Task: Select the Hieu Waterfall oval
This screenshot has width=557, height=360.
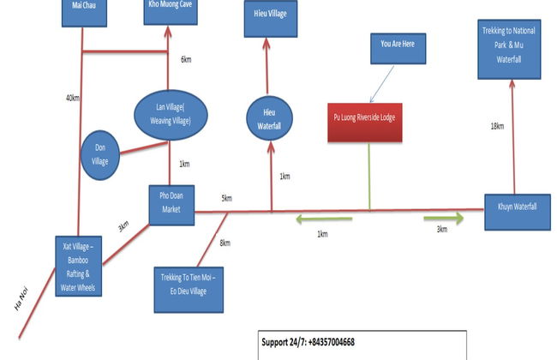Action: [x=270, y=119]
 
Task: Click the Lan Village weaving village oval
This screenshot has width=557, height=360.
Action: [x=171, y=111]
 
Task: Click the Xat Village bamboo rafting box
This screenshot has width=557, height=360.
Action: [x=78, y=265]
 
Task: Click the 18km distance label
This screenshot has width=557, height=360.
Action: [x=497, y=127]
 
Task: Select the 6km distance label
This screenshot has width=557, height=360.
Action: [x=186, y=60]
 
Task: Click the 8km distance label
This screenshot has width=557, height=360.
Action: [x=225, y=243]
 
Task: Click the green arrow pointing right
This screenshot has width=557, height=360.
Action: [x=443, y=219]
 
